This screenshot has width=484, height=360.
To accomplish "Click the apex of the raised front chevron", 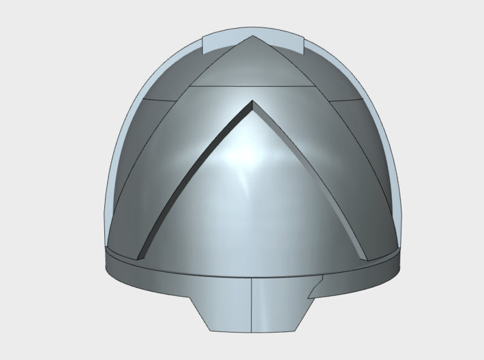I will pyautogui.click(x=253, y=104).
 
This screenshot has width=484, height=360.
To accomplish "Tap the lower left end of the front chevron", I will pyautogui.click(x=140, y=257).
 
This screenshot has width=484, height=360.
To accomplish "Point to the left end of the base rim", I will pyautogui.click(x=108, y=258).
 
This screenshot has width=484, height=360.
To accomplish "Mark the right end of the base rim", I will pyautogui.click(x=397, y=258).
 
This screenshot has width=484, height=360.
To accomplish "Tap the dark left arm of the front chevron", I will pyautogui.click(x=191, y=177).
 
